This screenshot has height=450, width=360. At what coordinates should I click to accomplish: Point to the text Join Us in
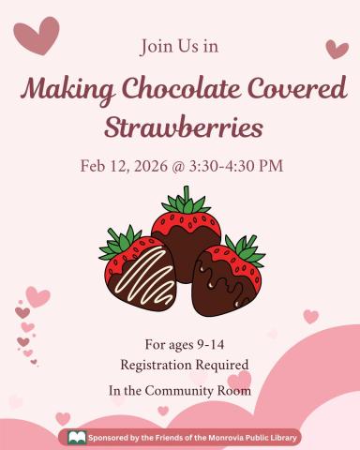[x=180, y=45]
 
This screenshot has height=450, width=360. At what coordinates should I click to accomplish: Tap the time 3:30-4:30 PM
[x=238, y=167]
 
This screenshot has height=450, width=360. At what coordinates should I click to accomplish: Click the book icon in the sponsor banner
[x=77, y=437]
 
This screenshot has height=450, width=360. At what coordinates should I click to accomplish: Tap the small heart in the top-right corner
[x=337, y=49]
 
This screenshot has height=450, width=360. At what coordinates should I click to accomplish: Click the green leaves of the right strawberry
[x=245, y=249]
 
